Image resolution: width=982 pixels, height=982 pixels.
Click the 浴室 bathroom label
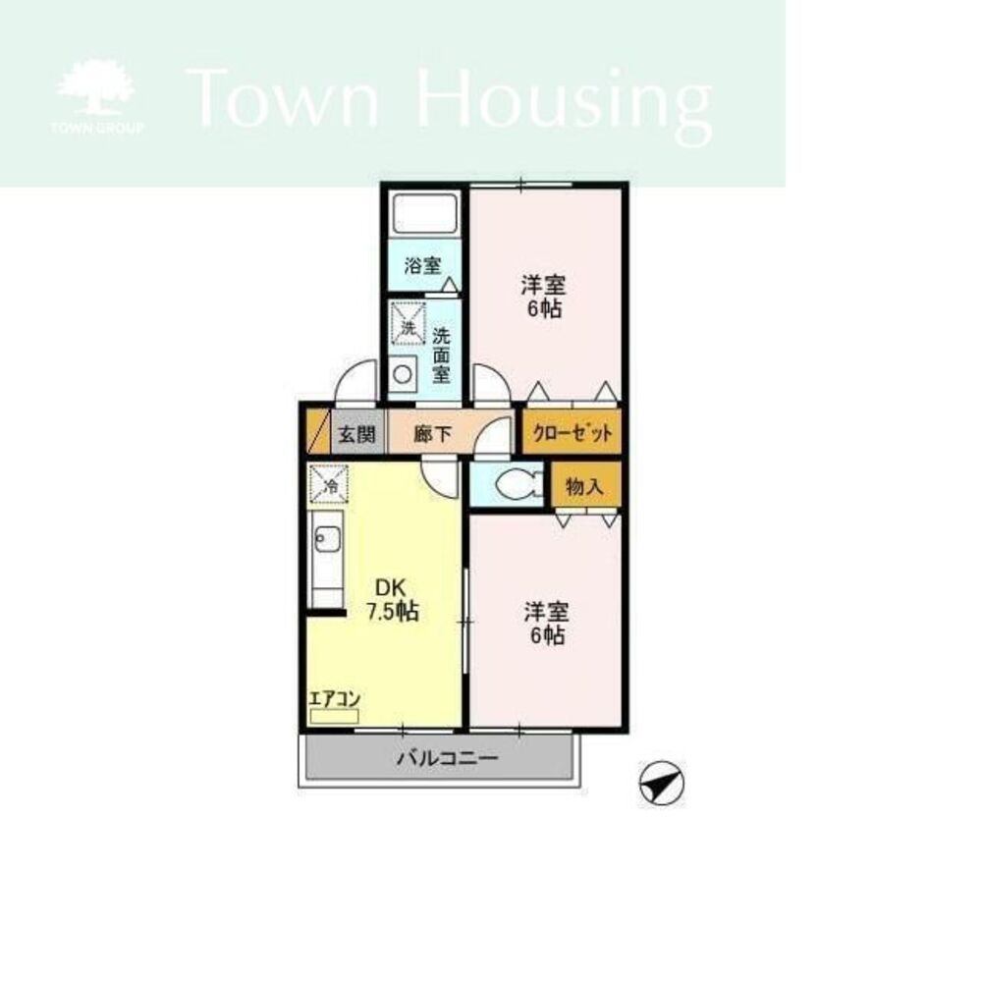coord(422,265)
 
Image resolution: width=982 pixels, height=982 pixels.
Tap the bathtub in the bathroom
coord(424,213)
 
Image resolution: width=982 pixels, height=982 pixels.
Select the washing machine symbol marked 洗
coord(408,323)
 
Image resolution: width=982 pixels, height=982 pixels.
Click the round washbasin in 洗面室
coord(403,374)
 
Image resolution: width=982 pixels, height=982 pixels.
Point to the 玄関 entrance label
coord(357,434)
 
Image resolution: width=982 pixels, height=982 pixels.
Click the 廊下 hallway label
coord(432,434)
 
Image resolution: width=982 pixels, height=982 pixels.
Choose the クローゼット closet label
coord(573,432)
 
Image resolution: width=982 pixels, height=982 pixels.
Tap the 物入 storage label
coord(584,485)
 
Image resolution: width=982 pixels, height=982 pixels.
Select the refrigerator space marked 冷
coord(328,483)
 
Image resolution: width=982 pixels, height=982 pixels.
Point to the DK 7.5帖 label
coord(393,599)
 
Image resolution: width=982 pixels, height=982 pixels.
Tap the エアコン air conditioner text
coord(335,698)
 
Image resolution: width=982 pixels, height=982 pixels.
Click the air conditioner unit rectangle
coord(335,717)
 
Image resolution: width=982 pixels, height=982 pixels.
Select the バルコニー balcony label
coord(448,759)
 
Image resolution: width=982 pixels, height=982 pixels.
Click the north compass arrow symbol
coord(661,783)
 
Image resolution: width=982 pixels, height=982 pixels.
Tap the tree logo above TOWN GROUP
coord(96,86)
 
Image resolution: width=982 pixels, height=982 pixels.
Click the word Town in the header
coord(283,98)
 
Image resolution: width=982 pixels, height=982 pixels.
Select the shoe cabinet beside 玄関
coord(318,431)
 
